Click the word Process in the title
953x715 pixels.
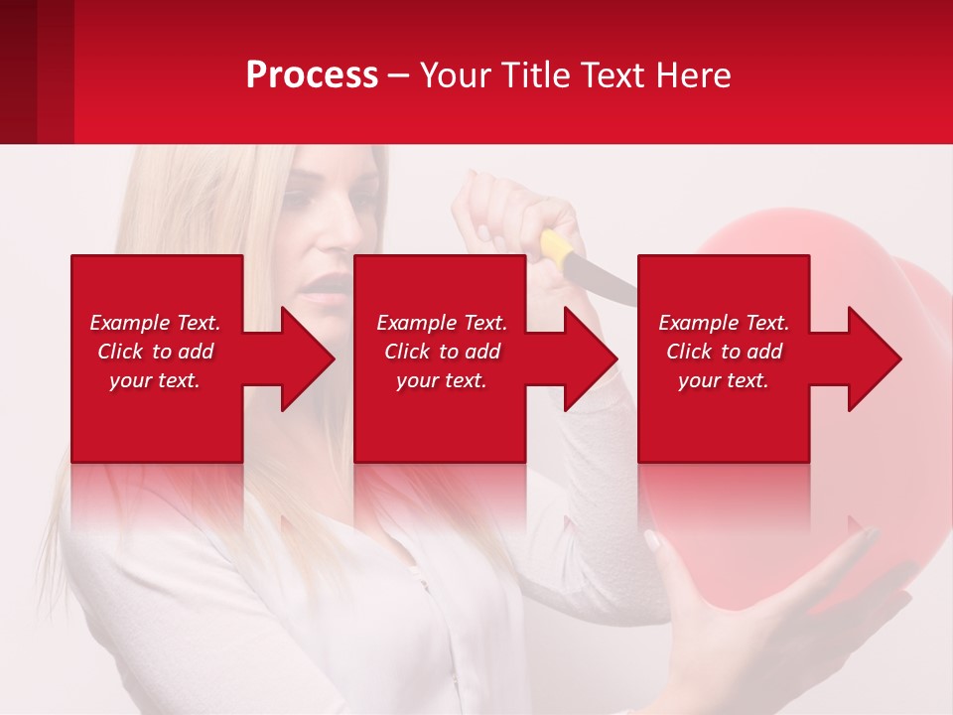click(x=312, y=75)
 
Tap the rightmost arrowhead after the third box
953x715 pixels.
click(x=873, y=358)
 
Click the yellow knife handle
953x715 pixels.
click(x=557, y=248)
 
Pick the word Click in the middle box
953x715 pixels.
click(x=406, y=352)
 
